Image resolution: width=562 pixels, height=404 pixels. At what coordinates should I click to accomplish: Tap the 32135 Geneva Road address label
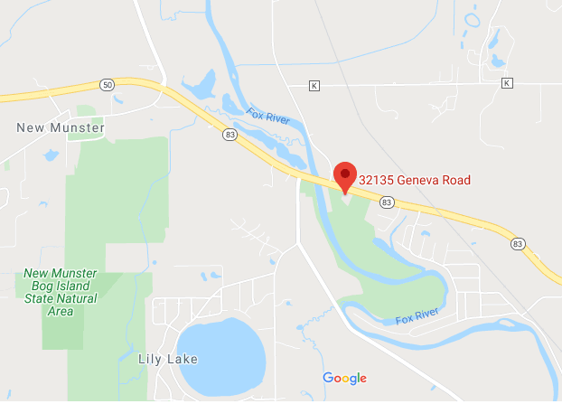point(415,180)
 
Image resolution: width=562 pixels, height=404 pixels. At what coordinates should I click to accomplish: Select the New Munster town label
point(61,128)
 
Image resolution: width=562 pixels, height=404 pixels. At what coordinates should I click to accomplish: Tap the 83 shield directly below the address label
point(387,202)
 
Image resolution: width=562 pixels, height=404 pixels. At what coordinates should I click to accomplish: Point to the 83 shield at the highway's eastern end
point(518,244)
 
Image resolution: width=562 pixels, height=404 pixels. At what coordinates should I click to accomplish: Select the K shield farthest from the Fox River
point(507,83)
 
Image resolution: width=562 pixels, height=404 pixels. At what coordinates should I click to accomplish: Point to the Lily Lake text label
point(167,359)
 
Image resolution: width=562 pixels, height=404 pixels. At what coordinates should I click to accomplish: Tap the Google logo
point(344,378)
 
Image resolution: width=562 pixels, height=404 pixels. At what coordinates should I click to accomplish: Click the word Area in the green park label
point(61,312)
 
